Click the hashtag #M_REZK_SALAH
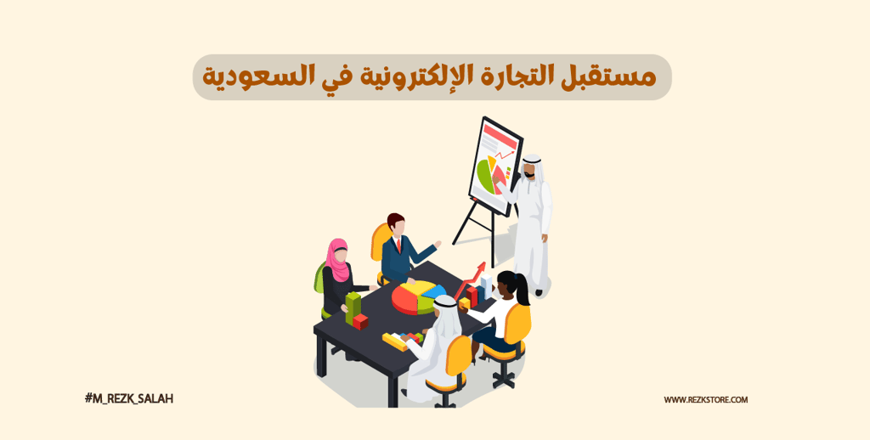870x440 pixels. [129, 398]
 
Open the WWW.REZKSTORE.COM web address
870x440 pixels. [706, 399]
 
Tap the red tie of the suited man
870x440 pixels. [398, 245]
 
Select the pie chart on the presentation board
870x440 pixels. [488, 174]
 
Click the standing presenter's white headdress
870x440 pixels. [532, 162]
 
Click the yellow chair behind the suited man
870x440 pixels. [379, 243]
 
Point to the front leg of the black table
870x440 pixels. [393, 386]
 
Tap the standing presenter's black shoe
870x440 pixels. [538, 292]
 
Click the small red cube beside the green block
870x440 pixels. [360, 321]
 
